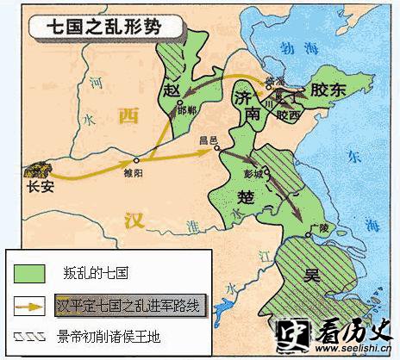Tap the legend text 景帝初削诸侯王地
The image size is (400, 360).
99,333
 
